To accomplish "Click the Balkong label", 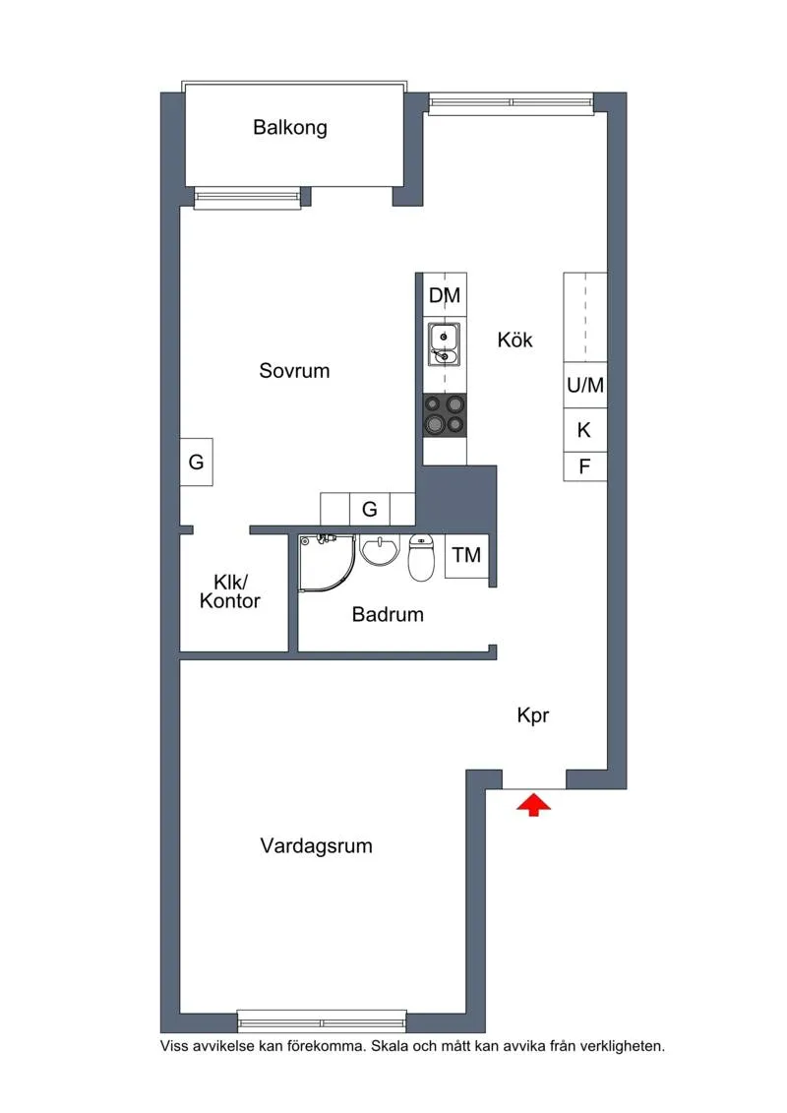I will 289,127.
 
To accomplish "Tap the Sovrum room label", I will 294,371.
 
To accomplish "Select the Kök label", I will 515,340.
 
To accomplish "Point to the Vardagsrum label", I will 316,845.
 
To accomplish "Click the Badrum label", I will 388,615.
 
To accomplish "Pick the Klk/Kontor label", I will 230,591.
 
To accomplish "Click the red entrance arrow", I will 533,805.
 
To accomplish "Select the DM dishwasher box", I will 445,295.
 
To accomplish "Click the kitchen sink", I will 444,343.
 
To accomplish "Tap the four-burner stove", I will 444,413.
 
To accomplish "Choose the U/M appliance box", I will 584,386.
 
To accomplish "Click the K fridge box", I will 584,430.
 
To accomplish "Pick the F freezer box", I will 584,466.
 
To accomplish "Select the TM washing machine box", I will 466,555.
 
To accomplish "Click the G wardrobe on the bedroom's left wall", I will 197,462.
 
